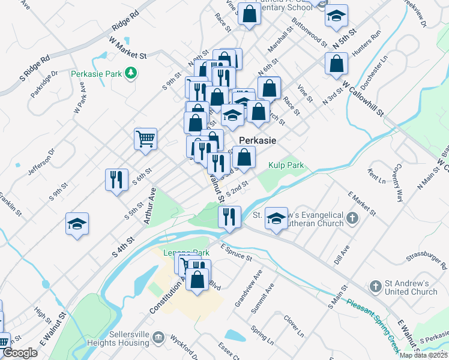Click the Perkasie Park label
96,74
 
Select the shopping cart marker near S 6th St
146,139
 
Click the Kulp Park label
286,165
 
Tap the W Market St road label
128,47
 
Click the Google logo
20,353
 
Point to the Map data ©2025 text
423,355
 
